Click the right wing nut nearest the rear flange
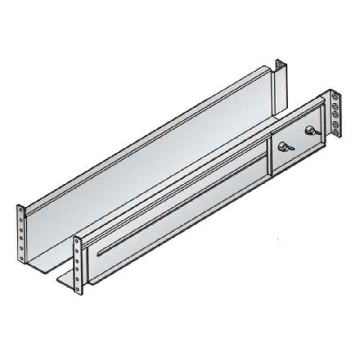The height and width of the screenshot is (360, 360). pyautogui.click(x=310, y=131)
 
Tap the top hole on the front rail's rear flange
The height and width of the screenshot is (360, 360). pyautogui.click(x=333, y=97)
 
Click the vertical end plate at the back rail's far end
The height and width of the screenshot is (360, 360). pyautogui.click(x=279, y=90)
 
